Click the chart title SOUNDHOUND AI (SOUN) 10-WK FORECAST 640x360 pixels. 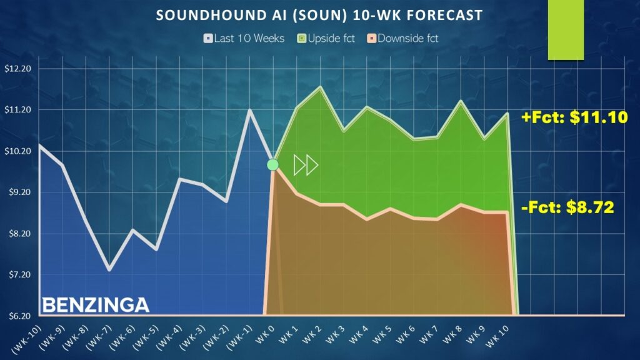tap(319, 16)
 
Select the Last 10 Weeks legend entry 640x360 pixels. tap(244, 38)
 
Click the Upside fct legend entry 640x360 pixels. tap(326, 38)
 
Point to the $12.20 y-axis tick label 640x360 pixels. tap(18, 69)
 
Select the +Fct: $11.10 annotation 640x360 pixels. tap(575, 117)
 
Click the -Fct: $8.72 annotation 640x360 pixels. tap(567, 207)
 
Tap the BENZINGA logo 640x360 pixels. tap(96, 305)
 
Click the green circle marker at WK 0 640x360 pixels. tap(272, 165)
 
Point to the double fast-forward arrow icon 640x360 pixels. tap(306, 165)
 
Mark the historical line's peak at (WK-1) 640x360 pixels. tap(249, 109)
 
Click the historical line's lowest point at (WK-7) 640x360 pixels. tap(109, 269)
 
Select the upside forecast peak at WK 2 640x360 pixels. tap(321, 87)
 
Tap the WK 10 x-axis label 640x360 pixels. tap(497, 336)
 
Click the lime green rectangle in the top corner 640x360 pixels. tap(566, 30)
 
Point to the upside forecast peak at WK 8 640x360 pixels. tap(461, 101)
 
